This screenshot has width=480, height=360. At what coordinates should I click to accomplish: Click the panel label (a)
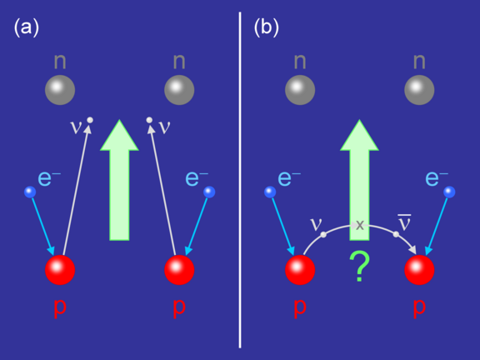tap(27, 27)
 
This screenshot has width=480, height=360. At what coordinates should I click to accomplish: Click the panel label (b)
tap(267, 27)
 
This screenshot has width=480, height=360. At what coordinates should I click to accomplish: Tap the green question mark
tap(359, 267)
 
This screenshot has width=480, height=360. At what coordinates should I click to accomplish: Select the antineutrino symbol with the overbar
tap(404, 222)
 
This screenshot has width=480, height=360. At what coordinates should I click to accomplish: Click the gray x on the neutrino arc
tap(360, 225)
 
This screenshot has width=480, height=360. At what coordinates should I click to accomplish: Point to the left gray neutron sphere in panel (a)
tap(60, 90)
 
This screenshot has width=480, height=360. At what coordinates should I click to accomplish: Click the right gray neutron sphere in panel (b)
tap(419, 90)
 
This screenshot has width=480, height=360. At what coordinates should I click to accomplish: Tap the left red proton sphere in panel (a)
tap(60, 270)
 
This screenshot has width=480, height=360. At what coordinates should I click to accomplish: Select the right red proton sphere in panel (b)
tap(419, 270)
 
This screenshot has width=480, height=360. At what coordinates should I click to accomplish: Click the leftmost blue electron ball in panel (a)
tap(30, 192)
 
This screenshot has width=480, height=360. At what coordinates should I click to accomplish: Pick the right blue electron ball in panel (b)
tap(449, 192)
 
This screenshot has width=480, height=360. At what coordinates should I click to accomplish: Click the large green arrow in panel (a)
tap(119, 180)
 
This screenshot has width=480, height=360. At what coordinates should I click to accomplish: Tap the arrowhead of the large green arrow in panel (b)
tap(359, 135)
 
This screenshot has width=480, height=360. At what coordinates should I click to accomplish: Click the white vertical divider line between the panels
tap(240, 180)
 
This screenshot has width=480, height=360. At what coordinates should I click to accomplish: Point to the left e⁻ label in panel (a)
tap(49, 178)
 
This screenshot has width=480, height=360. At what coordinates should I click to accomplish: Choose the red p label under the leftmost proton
tap(60, 307)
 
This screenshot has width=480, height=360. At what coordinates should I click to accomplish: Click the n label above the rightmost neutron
tap(419, 61)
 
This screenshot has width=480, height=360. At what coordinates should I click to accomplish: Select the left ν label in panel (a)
tap(76, 127)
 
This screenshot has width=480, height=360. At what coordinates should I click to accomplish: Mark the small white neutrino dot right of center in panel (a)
tap(149, 120)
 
